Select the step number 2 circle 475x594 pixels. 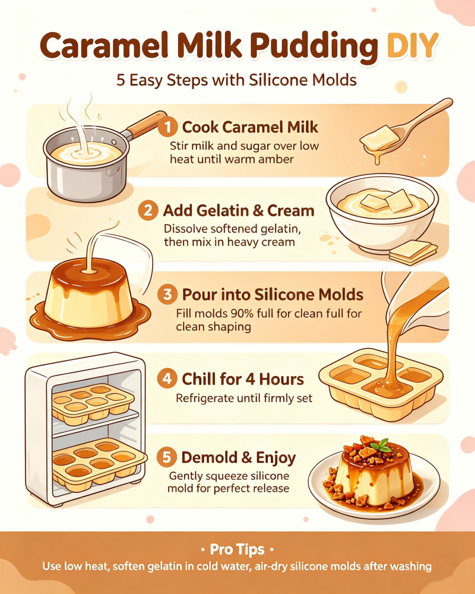[148, 211]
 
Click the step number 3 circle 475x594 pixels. [167, 295]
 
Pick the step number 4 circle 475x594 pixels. [167, 378]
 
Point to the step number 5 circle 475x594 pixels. [167, 457]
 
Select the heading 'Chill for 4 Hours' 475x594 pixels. [243, 379]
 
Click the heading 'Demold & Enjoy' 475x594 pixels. [239, 457]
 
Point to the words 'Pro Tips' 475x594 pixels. [237, 549]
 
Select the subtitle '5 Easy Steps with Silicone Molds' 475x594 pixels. [236, 80]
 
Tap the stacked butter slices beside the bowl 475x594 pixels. [413, 252]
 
